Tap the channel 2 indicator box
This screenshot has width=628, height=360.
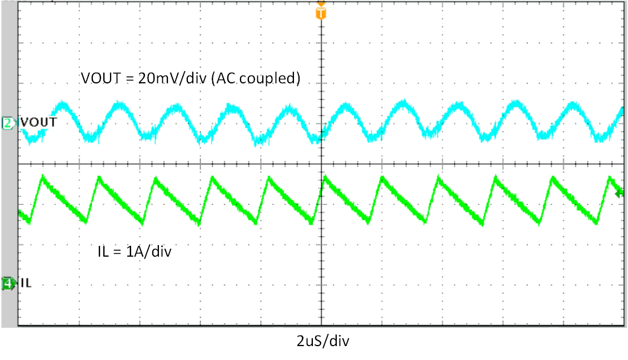coord(8,123)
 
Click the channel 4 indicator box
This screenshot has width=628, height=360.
coord(8,284)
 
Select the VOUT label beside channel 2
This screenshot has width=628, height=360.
coord(33,122)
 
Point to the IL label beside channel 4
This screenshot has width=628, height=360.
coord(26,284)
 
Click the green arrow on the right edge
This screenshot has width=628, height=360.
coord(620,193)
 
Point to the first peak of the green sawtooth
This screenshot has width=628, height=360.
coord(42,177)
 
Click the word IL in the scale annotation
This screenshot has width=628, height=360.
coord(102,252)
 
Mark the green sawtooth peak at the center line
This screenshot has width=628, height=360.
coord(323,177)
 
